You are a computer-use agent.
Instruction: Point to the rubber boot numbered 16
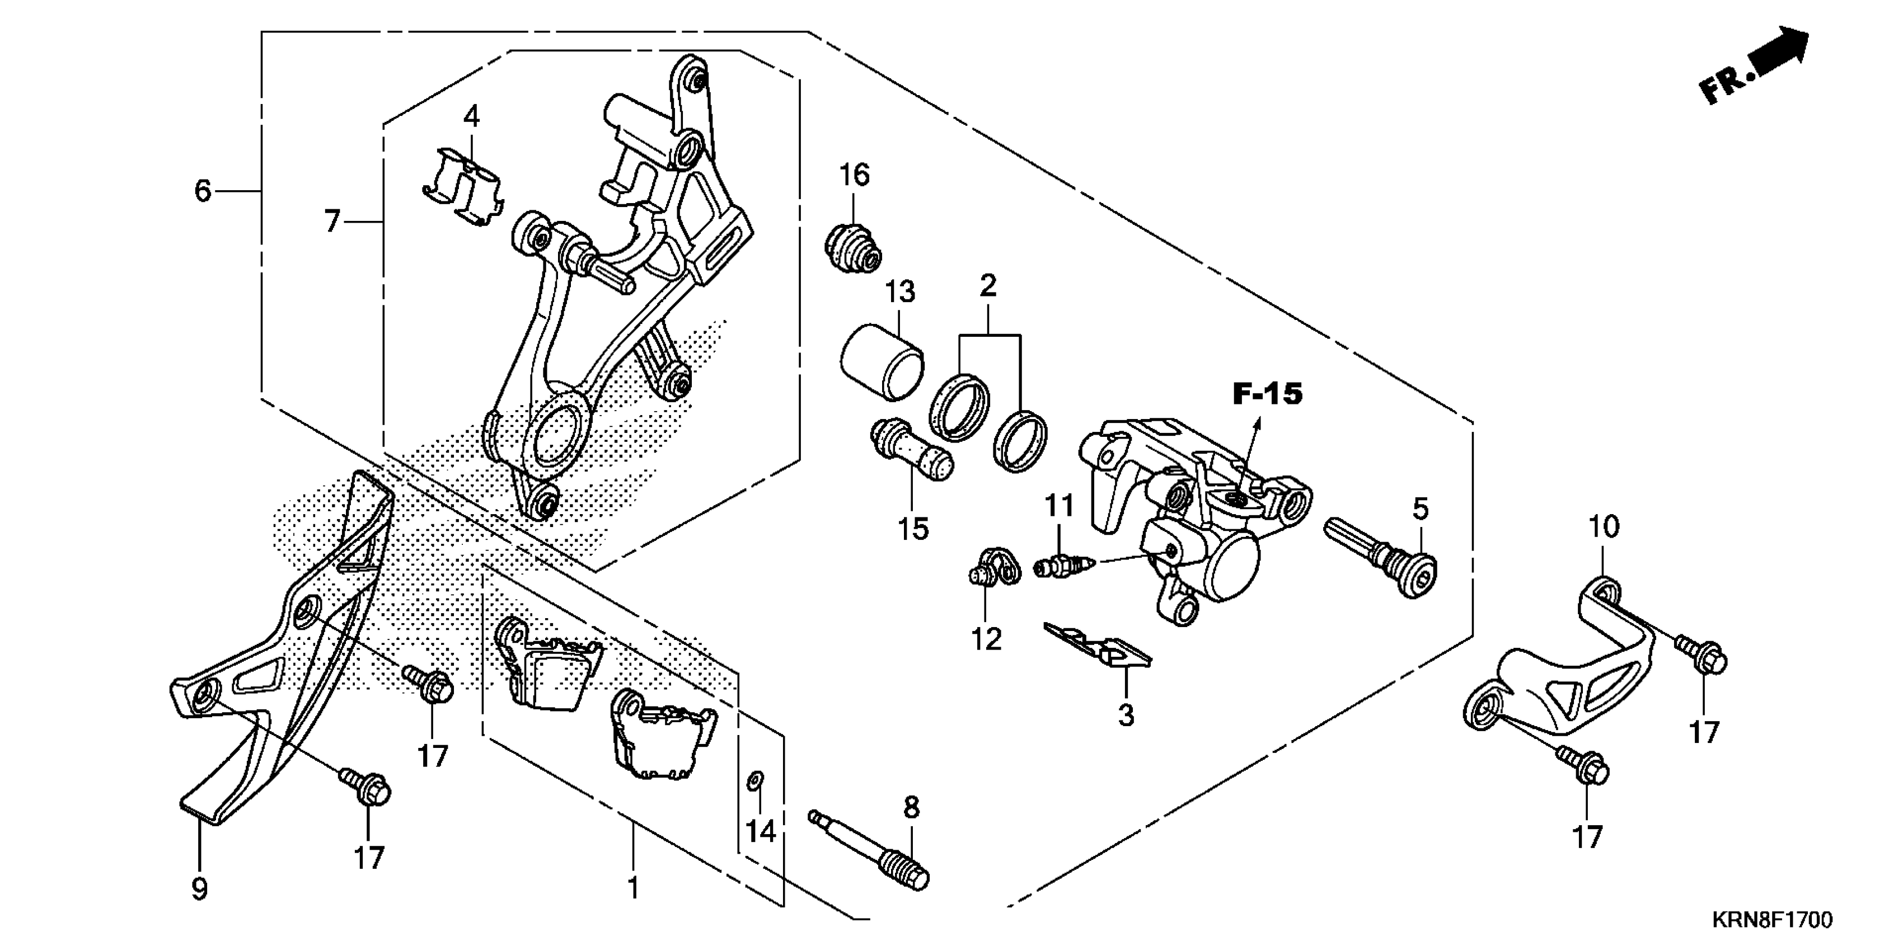(x=852, y=247)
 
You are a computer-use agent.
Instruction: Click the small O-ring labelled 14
(x=755, y=780)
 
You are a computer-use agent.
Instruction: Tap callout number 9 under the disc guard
(x=199, y=888)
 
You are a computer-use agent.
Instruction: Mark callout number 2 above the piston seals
(x=988, y=286)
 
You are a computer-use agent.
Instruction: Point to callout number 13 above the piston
(x=900, y=291)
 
